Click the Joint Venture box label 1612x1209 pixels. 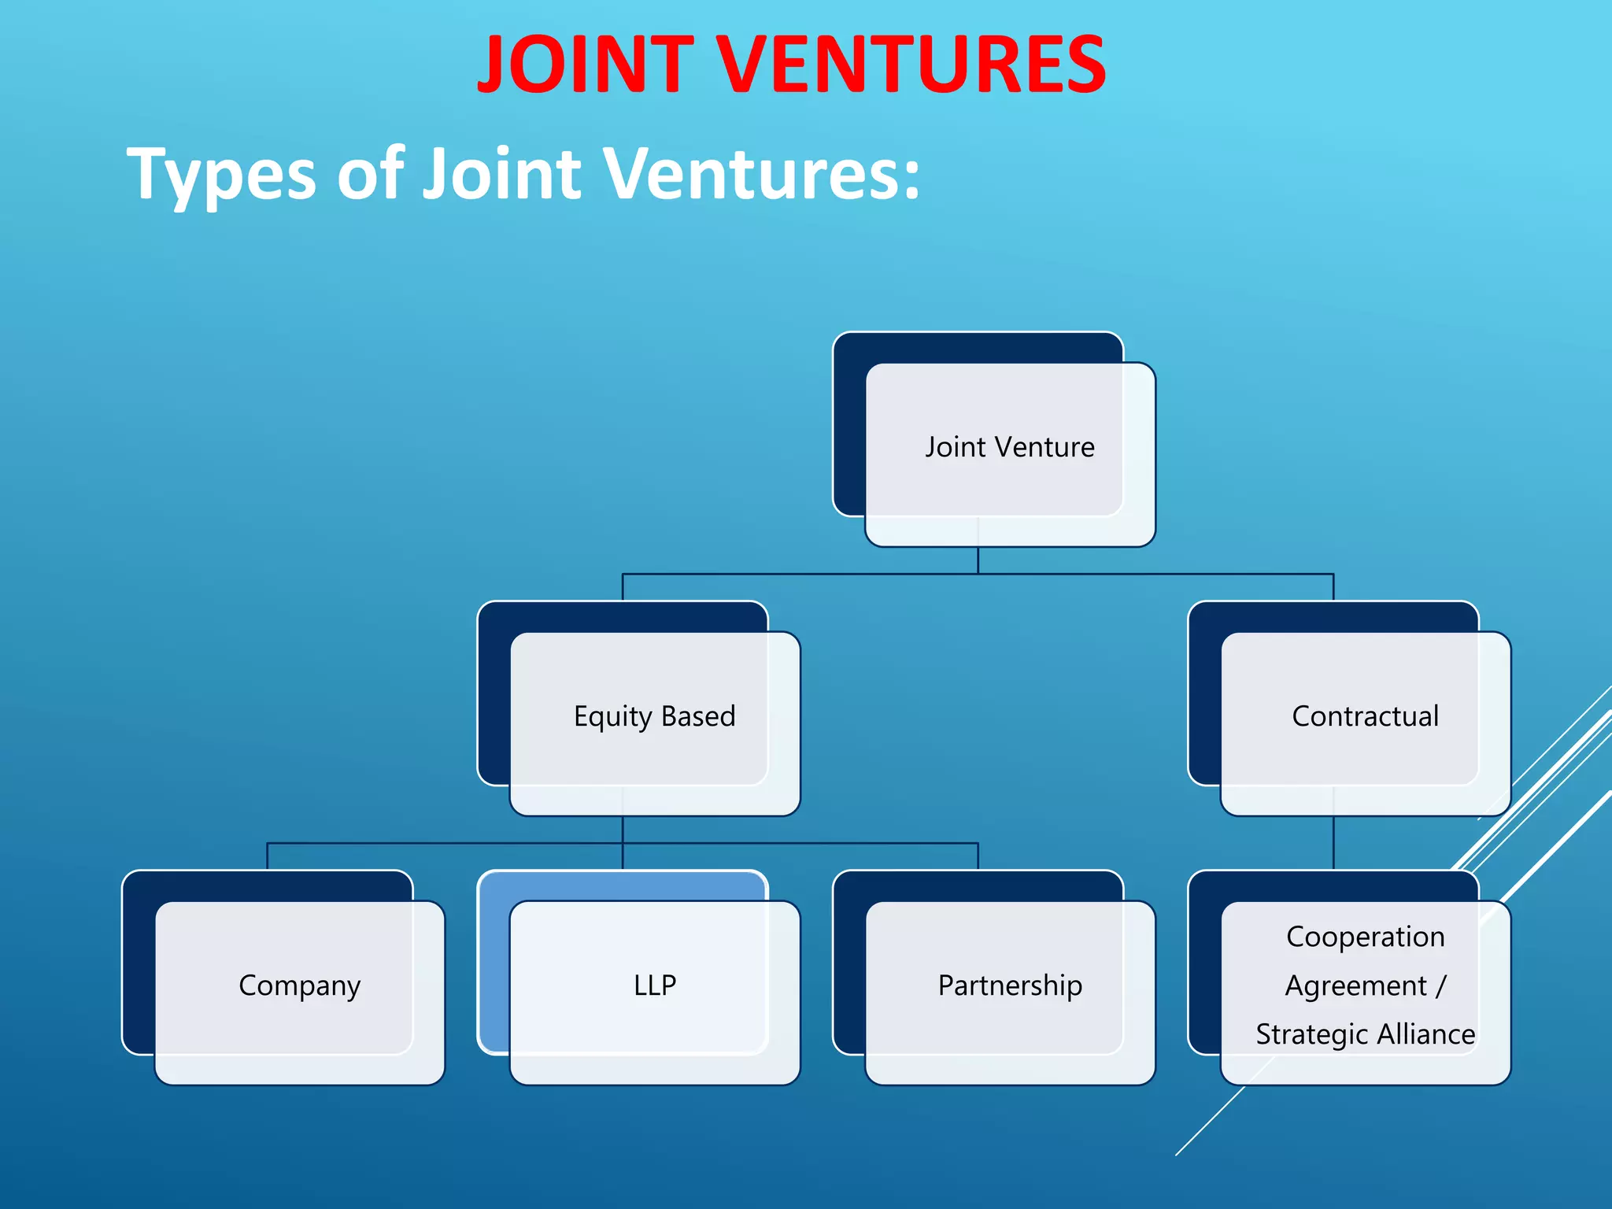pos(1010,447)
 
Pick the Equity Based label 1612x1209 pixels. pos(654,716)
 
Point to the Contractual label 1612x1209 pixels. pos(1365,716)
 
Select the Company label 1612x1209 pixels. pos(299,985)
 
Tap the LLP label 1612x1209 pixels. pos(655,985)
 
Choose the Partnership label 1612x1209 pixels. pos(1010,985)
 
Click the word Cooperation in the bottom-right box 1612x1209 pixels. pos(1365,937)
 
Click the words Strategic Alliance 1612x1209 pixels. pos(1365,1034)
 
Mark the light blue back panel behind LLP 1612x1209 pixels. pos(622,885)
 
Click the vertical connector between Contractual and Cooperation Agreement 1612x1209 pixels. pos(1333,843)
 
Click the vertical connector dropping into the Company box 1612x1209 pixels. pos(268,856)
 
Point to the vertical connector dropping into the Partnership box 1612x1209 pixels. pos(978,856)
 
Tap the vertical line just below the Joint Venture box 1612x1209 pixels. pos(978,560)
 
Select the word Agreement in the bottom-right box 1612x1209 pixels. pos(1355,985)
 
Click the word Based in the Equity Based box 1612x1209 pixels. pos(698,716)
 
